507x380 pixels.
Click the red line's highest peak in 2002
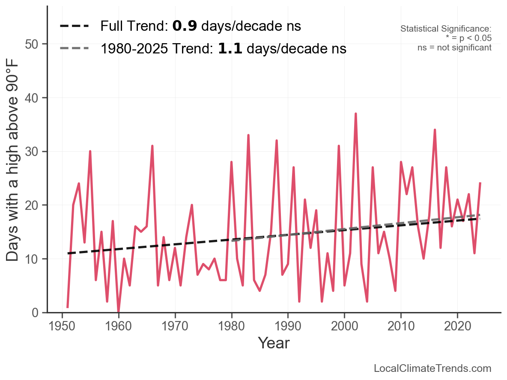[x=355, y=114]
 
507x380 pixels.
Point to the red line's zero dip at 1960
[x=118, y=312]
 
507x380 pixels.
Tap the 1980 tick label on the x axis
[x=231, y=327]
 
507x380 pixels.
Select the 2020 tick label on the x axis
[x=457, y=327]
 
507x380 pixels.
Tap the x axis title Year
[x=274, y=343]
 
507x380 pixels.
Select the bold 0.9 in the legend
[x=185, y=27]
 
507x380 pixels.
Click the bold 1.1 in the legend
[x=230, y=49]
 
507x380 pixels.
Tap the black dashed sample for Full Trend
[x=74, y=27]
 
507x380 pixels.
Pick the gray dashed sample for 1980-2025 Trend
[x=74, y=48]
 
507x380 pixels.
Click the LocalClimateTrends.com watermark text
[x=432, y=368]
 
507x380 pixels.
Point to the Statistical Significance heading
[x=446, y=29]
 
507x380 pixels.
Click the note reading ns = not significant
[x=454, y=47]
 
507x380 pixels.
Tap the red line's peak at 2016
[x=435, y=130]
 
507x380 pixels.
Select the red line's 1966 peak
[x=152, y=146]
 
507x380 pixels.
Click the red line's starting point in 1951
[x=68, y=307]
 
